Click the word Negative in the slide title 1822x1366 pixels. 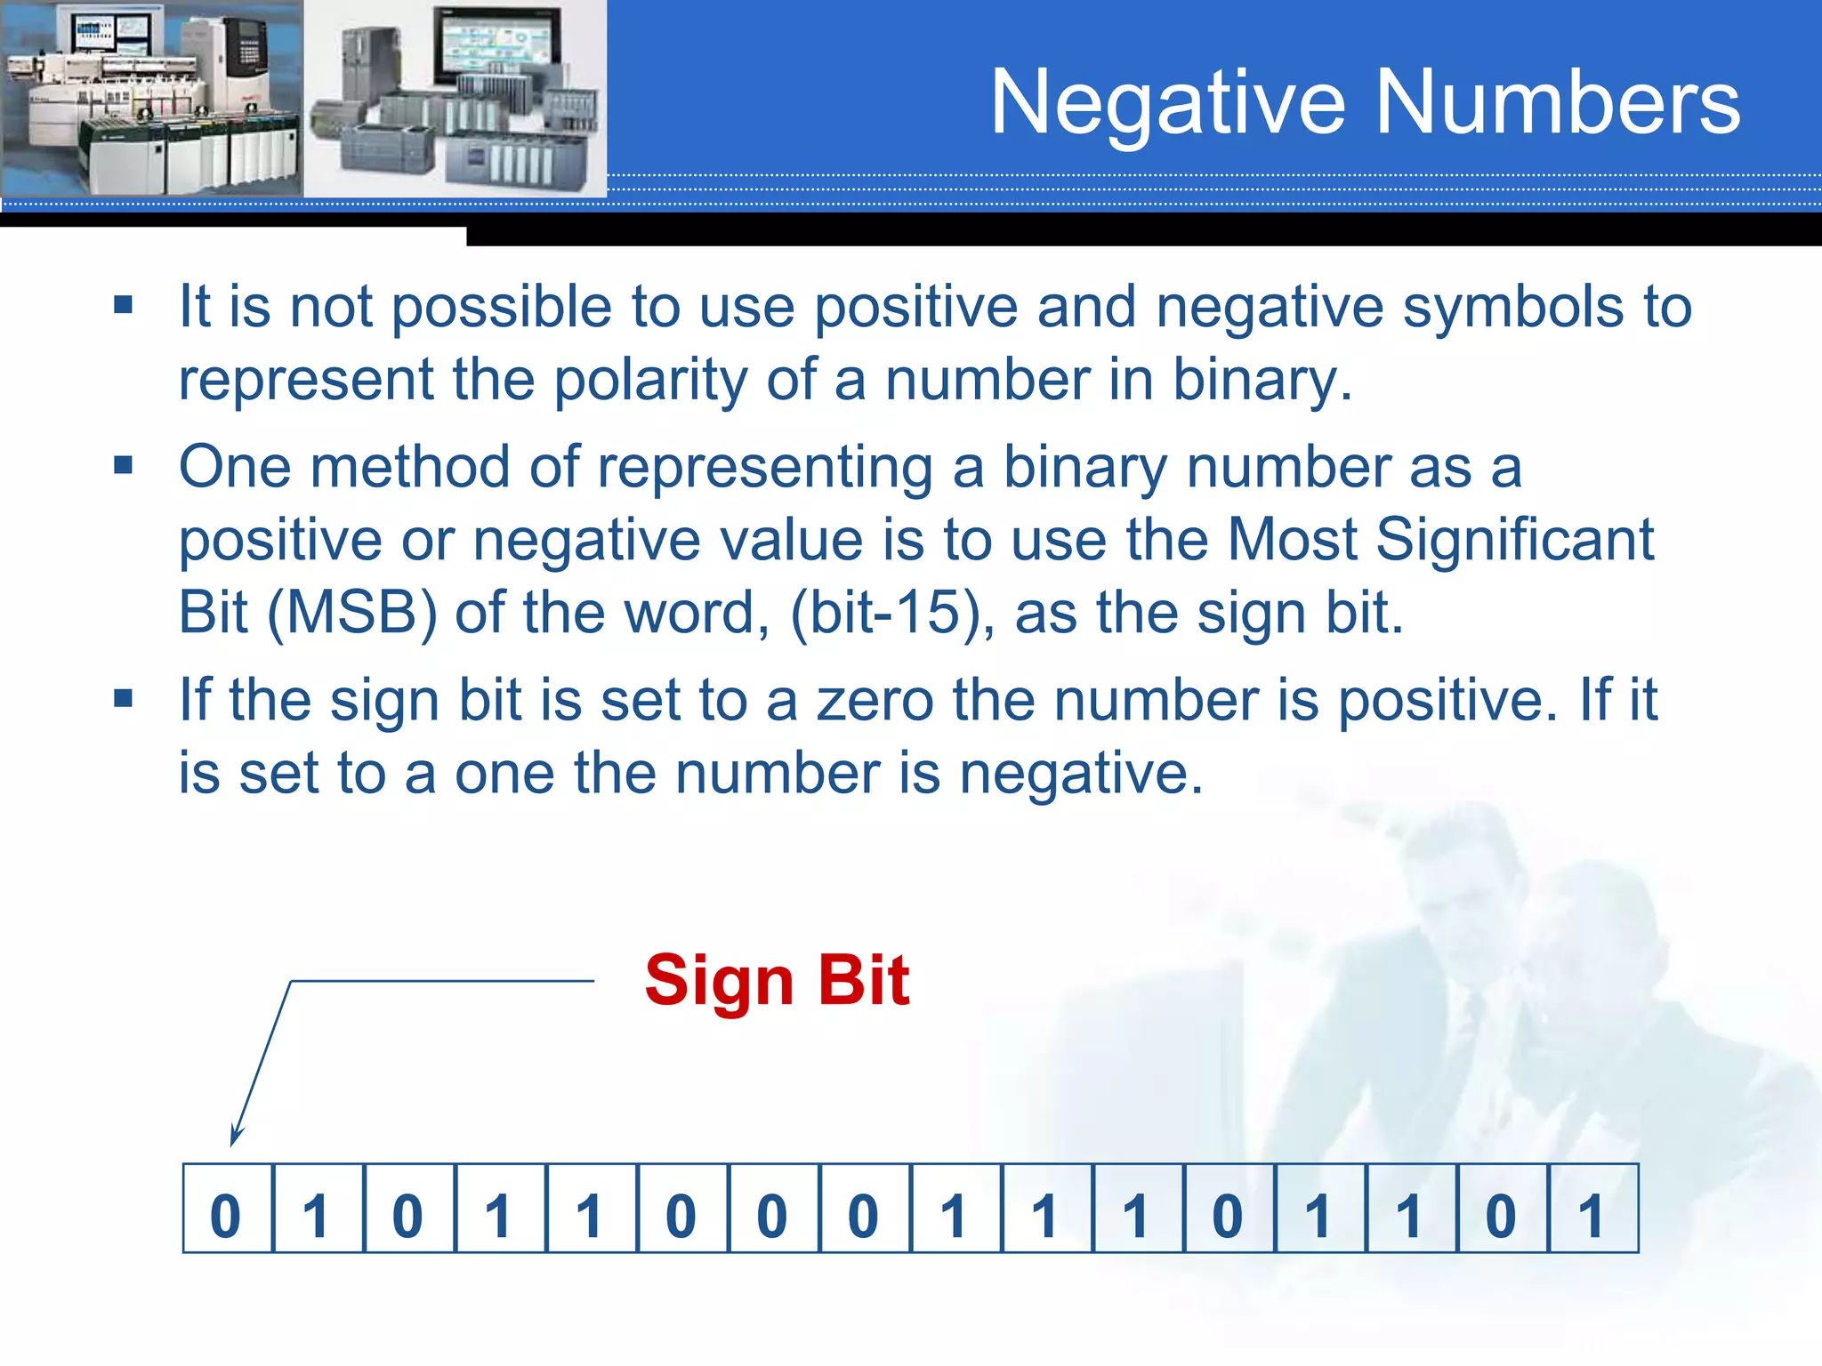(x=1167, y=103)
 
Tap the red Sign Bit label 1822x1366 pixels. (x=777, y=980)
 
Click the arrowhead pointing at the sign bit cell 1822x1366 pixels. (x=235, y=1135)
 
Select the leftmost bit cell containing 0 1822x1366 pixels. (x=227, y=1209)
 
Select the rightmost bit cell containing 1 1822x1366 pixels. (x=1592, y=1209)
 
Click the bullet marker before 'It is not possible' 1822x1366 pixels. (x=124, y=306)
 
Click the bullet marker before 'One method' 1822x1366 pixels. (x=124, y=465)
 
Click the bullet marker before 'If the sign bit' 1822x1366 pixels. (x=124, y=698)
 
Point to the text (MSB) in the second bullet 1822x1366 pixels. (x=352, y=613)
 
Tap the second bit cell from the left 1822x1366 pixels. (x=318, y=1209)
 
